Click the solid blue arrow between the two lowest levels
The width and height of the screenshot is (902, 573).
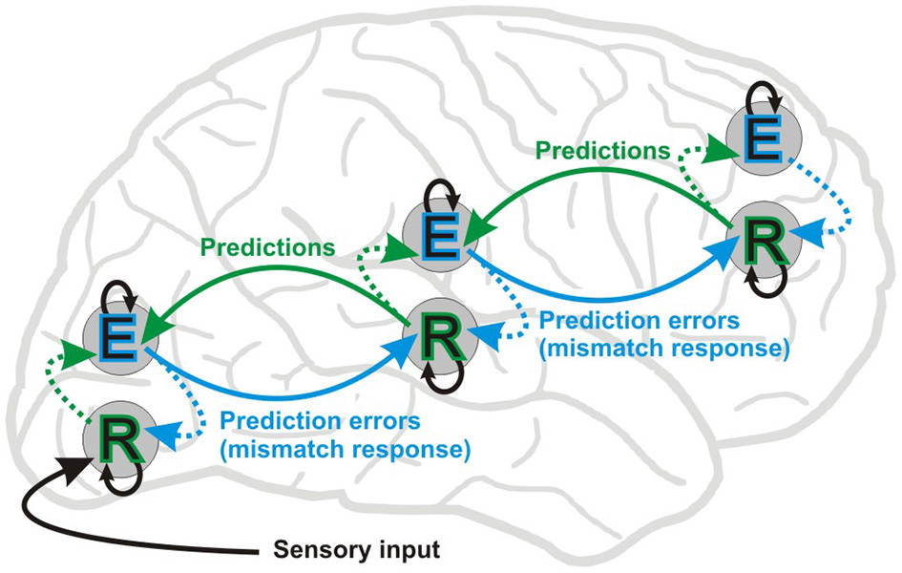click(x=277, y=392)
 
